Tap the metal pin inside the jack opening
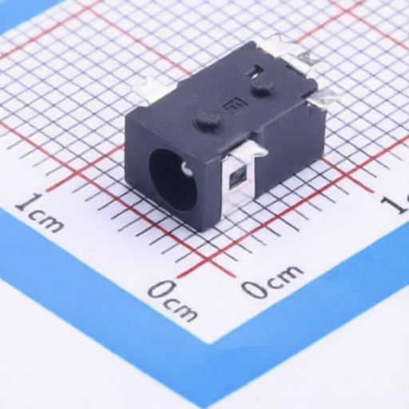(x=185, y=168)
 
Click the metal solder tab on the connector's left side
(x=151, y=89)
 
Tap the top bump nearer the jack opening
(x=208, y=121)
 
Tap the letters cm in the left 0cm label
(x=183, y=308)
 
